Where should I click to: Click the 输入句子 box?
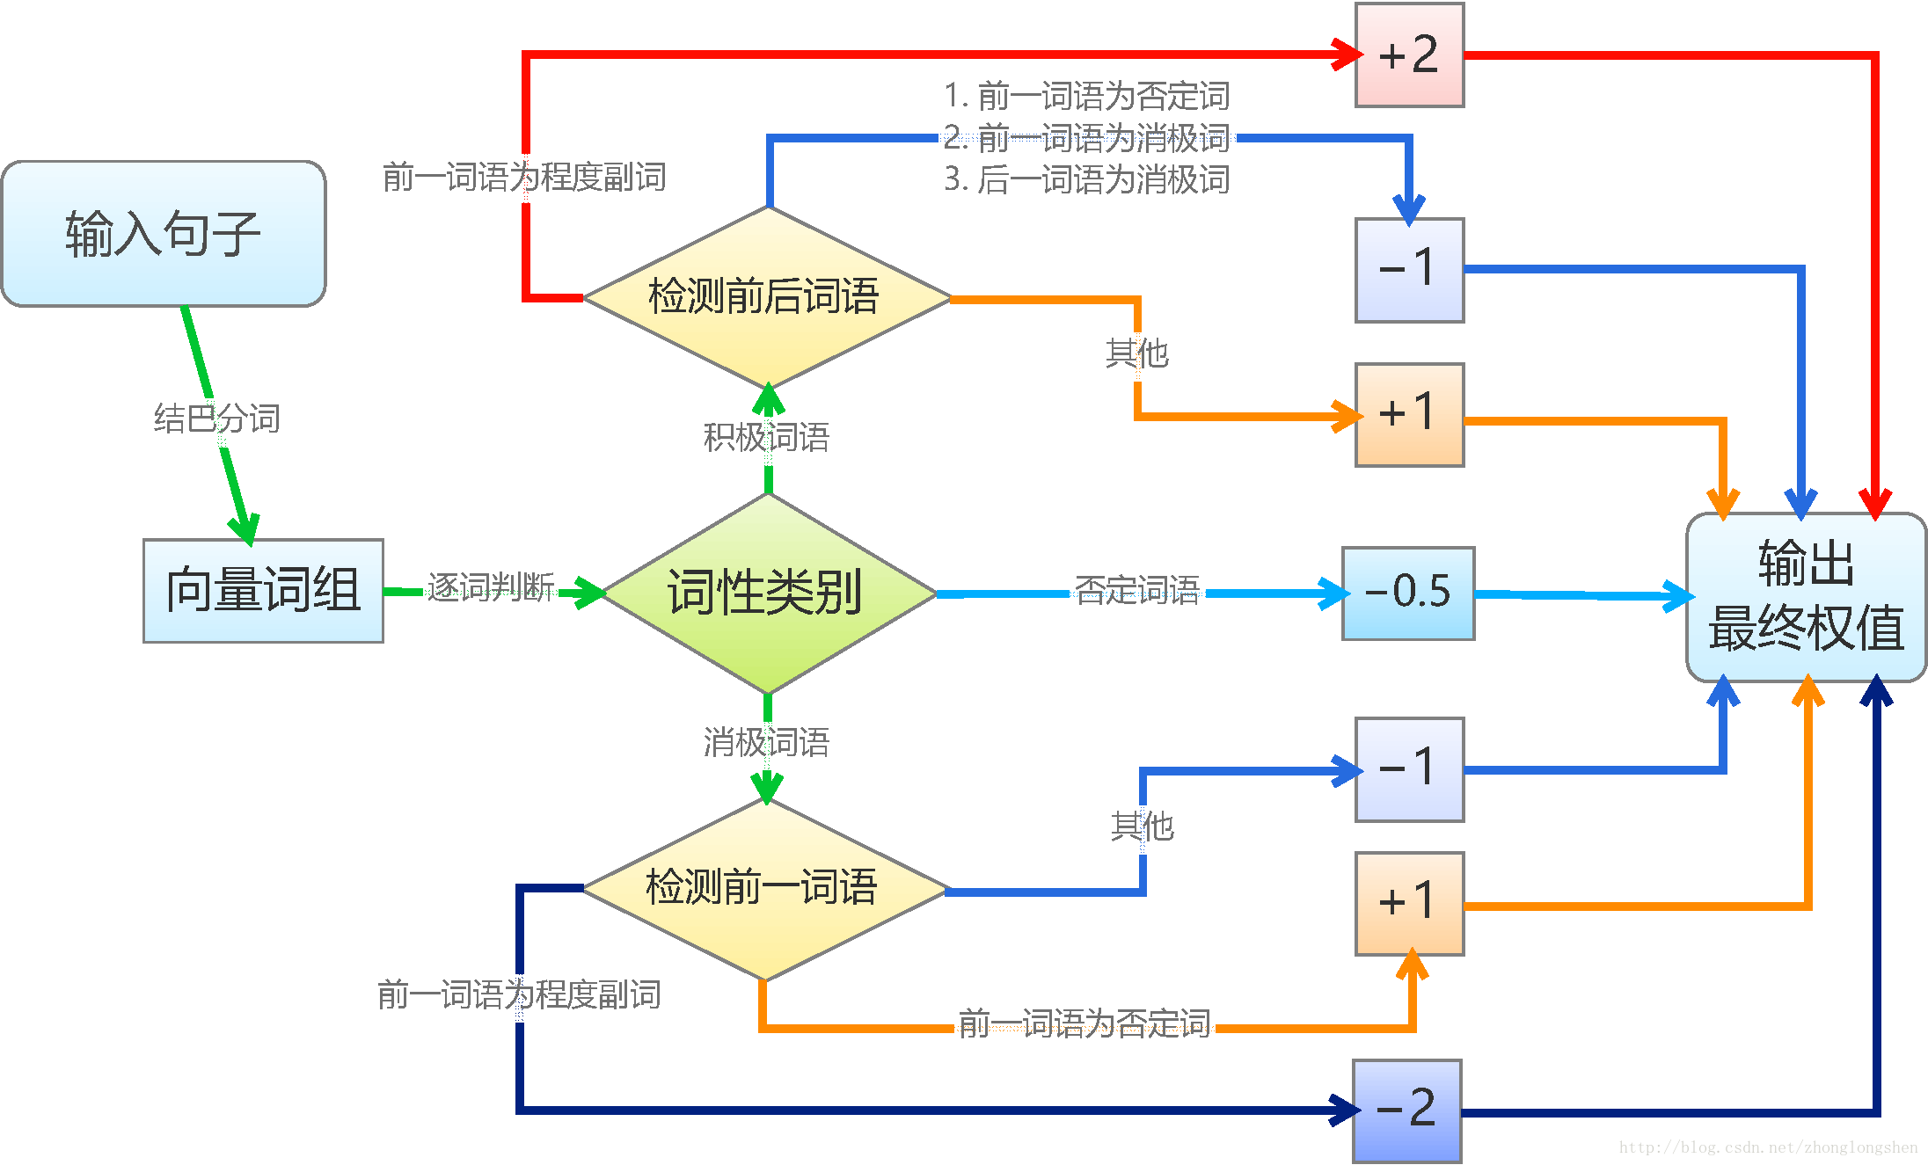(164, 234)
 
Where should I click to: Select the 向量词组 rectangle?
(263, 590)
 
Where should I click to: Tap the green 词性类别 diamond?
(767, 593)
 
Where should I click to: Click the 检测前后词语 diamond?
(765, 297)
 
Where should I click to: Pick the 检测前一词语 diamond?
(763, 888)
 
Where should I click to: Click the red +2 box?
(1409, 55)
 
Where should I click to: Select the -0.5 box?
(1408, 593)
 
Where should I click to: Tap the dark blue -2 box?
(1406, 1110)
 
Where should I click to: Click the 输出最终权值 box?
(1806, 597)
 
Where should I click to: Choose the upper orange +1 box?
(1409, 414)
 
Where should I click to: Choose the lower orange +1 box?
(1409, 903)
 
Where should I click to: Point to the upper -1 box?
(1409, 270)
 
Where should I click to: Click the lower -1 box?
(1409, 769)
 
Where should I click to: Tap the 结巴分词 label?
(216, 419)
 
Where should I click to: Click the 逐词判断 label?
(491, 586)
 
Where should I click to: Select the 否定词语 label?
(1137, 590)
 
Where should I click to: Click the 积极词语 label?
(766, 437)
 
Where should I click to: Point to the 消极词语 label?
(766, 742)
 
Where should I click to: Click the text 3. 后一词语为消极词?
(1086, 179)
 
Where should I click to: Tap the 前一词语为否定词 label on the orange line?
(1084, 1023)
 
